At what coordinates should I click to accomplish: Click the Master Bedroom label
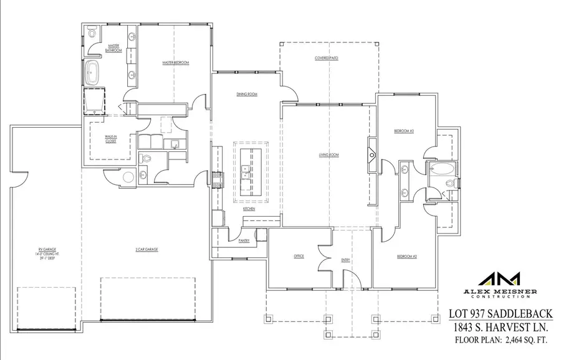point(176,63)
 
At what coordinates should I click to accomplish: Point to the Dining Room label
point(247,94)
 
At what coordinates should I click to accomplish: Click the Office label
point(298,256)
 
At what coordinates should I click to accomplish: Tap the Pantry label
point(244,240)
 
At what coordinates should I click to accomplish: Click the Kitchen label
point(249,209)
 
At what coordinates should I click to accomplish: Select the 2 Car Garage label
point(147,249)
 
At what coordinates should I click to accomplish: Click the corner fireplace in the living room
point(372,151)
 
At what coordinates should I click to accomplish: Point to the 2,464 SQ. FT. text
point(521,339)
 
